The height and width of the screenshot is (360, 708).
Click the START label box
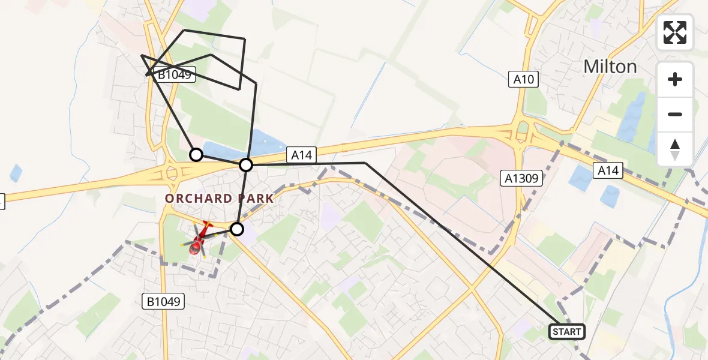click(566, 332)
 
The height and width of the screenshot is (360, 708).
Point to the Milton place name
click(610, 67)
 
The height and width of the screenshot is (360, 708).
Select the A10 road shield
click(523, 79)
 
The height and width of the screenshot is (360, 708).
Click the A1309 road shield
click(521, 178)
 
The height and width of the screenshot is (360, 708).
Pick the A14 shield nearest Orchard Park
click(301, 155)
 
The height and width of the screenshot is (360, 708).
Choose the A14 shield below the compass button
click(608, 171)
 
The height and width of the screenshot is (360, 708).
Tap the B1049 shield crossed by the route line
click(174, 75)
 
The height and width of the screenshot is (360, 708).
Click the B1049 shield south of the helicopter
click(163, 302)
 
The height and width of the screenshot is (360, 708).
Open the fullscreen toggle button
click(675, 32)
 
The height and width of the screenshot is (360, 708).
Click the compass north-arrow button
click(675, 149)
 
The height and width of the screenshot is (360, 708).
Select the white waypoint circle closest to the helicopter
click(238, 229)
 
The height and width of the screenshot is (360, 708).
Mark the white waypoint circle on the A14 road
click(246, 164)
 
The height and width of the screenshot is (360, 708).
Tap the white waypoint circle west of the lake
click(196, 155)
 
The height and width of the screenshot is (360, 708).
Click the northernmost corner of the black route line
click(184, 30)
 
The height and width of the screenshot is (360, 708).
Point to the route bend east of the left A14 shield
click(365, 163)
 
